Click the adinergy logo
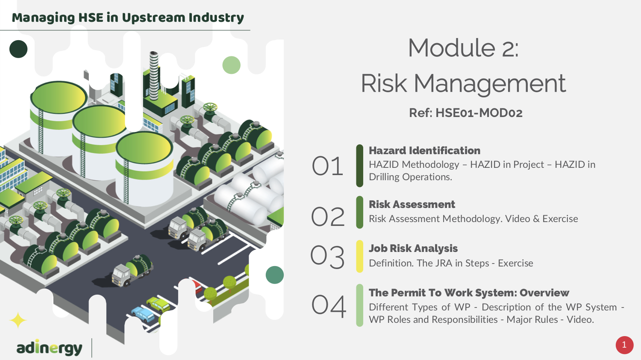coord(49,348)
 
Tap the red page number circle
coord(624,345)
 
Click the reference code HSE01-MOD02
coord(479,113)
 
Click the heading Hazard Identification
coord(424,150)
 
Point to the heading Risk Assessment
coord(412,204)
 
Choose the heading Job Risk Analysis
coord(413,248)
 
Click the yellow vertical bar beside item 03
coord(359,256)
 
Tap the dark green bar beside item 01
coord(359,166)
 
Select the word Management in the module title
coord(490,84)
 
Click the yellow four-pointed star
coord(18,320)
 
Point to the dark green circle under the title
coord(18,49)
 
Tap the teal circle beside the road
coord(275,275)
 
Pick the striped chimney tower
coord(154,76)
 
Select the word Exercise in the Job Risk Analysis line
coord(515,263)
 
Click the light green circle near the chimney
coord(231,65)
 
